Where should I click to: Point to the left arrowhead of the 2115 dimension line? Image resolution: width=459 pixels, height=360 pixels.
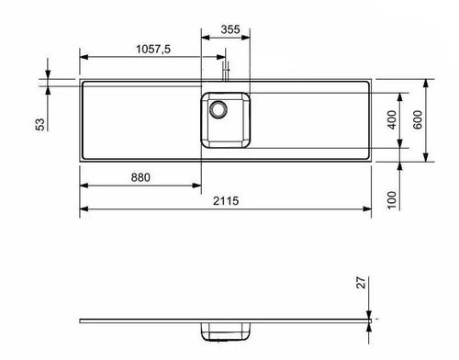pos(84,209)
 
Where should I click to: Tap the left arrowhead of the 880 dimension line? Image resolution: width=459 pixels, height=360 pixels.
pos(84,183)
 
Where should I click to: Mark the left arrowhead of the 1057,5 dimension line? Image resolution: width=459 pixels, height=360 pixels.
pos(84,62)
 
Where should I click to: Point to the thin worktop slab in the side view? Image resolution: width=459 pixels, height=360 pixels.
pos(138,321)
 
